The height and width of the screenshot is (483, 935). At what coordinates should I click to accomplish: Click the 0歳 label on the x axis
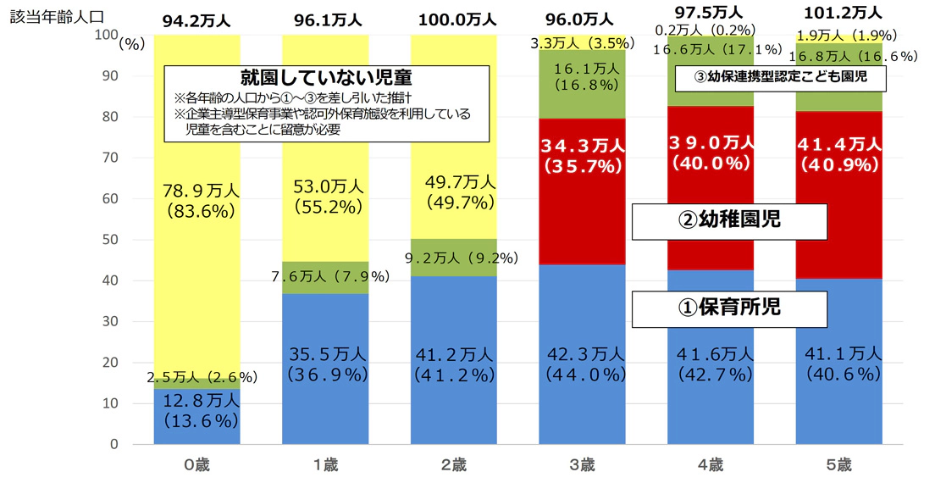tap(196, 464)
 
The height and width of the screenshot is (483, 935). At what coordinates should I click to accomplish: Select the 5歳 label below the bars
tap(838, 464)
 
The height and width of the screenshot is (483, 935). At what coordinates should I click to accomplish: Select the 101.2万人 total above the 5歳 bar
tap(838, 13)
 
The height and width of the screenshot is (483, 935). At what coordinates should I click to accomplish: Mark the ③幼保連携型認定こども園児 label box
tap(780, 79)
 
